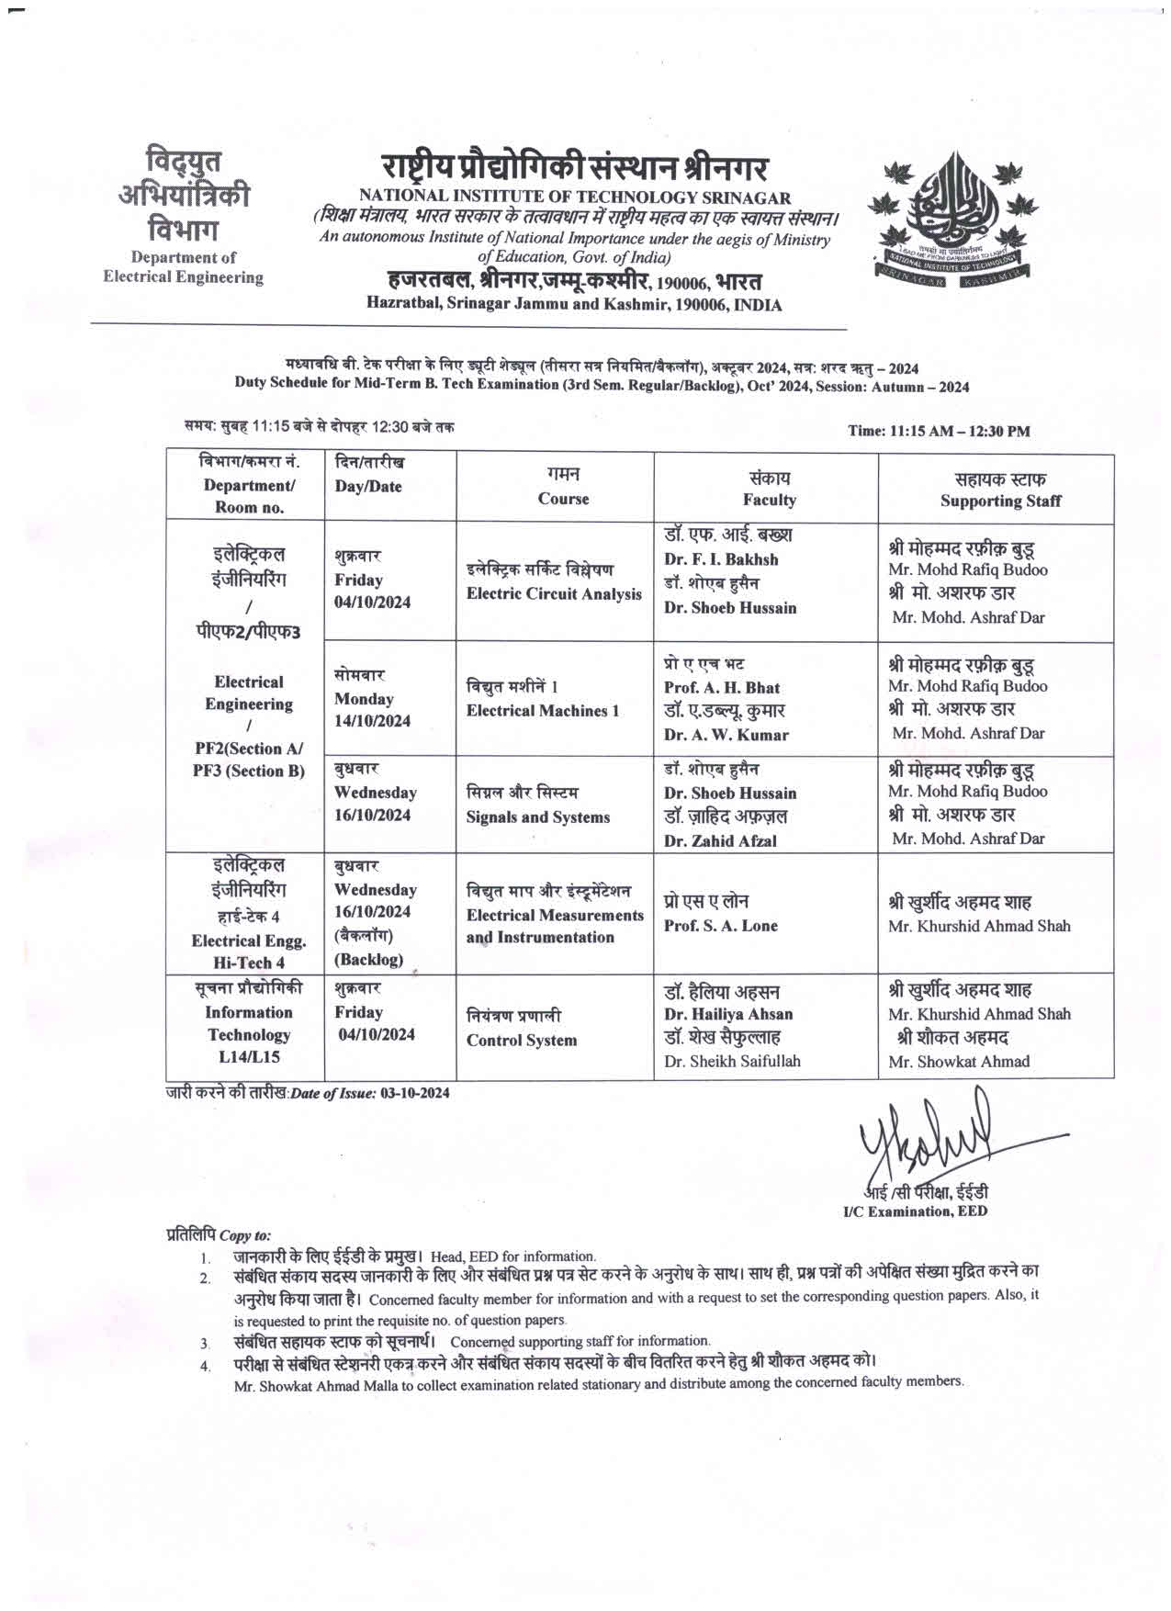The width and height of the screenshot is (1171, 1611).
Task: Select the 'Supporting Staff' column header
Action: pyautogui.click(x=999, y=501)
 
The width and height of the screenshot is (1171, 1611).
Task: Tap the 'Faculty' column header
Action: pyautogui.click(x=769, y=501)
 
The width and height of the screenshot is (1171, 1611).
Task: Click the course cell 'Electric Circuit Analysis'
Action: pyautogui.click(x=554, y=594)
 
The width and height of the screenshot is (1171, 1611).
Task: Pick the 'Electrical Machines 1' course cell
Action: pyautogui.click(x=543, y=711)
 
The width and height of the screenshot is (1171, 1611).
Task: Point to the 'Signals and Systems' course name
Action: pyautogui.click(x=537, y=817)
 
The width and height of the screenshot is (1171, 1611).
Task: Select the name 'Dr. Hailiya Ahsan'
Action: pyautogui.click(x=728, y=1015)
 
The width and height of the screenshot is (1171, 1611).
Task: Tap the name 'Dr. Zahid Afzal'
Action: pyautogui.click(x=720, y=841)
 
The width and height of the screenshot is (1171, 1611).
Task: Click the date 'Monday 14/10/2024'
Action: pyautogui.click(x=372, y=710)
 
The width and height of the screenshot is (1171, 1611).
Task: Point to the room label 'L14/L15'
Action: pyautogui.click(x=249, y=1057)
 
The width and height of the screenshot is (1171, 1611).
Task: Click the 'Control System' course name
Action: pyautogui.click(x=522, y=1041)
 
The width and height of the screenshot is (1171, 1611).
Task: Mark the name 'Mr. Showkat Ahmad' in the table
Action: pyautogui.click(x=959, y=1062)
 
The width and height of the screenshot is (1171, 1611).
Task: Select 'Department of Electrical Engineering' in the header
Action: pyautogui.click(x=183, y=267)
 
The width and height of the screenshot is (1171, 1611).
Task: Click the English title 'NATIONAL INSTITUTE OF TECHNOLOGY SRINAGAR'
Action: pyautogui.click(x=575, y=197)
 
